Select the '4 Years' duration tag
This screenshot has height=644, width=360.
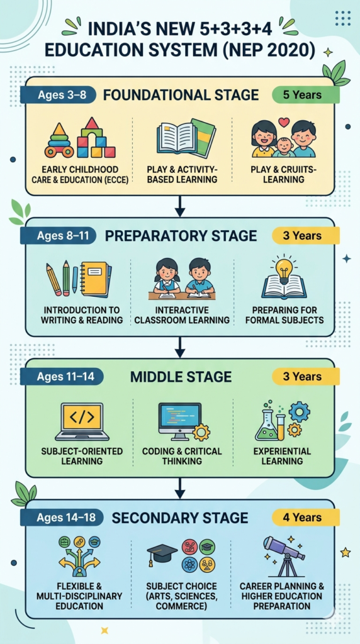[x=306, y=518]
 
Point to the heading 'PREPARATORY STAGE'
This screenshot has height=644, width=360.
[x=181, y=236]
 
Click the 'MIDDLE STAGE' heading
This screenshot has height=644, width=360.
[x=181, y=377]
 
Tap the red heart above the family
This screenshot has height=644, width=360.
[x=284, y=122]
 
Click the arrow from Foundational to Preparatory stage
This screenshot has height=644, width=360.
[x=179, y=206]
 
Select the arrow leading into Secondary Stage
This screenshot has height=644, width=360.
[x=179, y=488]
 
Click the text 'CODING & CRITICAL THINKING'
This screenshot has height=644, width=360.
[x=182, y=456]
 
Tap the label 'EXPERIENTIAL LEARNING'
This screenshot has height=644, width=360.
[x=283, y=456]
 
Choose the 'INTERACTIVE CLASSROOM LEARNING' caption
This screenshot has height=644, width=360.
[x=182, y=314]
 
